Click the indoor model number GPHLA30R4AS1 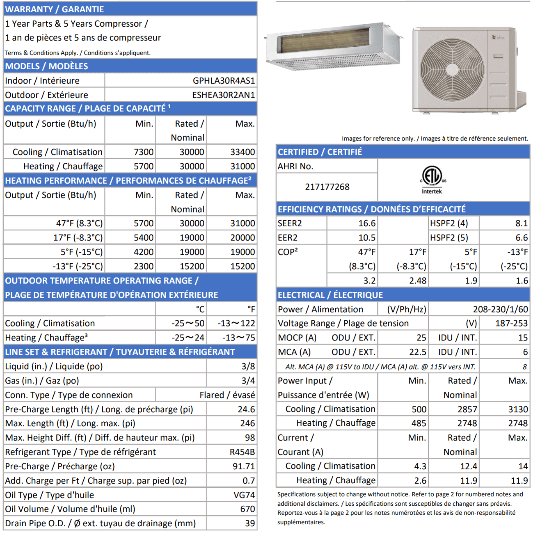coord(224,81)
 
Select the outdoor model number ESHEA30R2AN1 coord(223,95)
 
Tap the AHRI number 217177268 coord(327,187)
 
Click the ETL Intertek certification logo coord(432,180)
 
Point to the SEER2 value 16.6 coord(367,223)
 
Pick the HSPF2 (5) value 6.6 coord(521,238)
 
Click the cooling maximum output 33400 coord(243,152)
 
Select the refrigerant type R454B coord(242,452)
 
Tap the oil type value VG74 coord(244,495)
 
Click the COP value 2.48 coord(418,281)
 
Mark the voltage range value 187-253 coord(511,323)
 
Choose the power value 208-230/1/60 coord(500,309)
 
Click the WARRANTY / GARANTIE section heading coord(55,9)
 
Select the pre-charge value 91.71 coord(244,466)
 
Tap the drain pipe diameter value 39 coord(250,523)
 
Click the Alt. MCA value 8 coord(524,367)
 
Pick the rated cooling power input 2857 coord(467,409)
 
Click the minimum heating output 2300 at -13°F coord(144,266)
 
